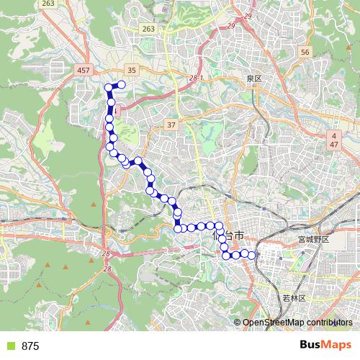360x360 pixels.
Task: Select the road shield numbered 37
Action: [x=171, y=125]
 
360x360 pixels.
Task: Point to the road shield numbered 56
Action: [x=305, y=53]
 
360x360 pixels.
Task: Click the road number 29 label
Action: [x=249, y=15]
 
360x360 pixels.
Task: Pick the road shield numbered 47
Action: [x=334, y=145]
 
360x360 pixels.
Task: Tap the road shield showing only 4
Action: [x=334, y=135]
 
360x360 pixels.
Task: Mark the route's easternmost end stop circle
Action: [x=252, y=254]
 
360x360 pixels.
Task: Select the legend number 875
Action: [x=30, y=346]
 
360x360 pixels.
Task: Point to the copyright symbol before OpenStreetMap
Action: [x=238, y=323]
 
